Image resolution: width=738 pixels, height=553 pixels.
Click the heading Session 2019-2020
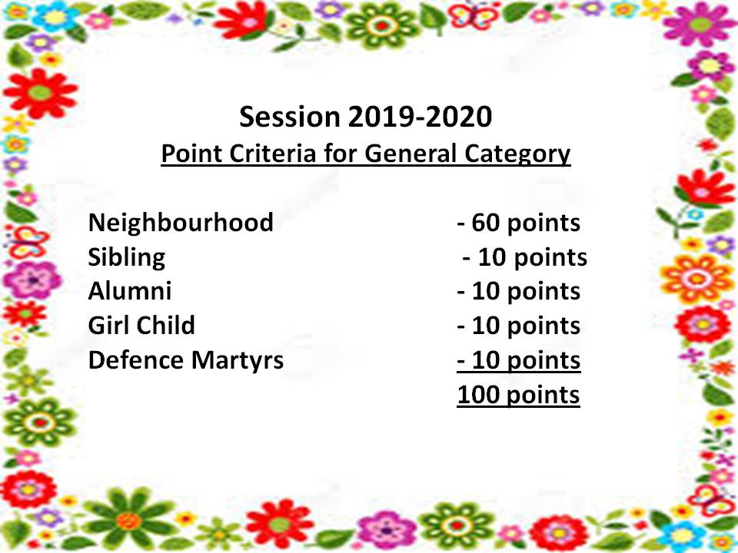[x=366, y=117]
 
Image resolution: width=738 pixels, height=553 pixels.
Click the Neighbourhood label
[x=181, y=222]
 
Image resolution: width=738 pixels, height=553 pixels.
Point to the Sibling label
[x=127, y=258]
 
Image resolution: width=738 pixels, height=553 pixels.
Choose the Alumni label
[x=130, y=290]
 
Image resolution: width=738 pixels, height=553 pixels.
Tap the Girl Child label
[x=141, y=325]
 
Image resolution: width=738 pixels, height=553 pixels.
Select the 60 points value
[x=519, y=223]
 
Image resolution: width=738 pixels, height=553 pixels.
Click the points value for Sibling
[x=525, y=258]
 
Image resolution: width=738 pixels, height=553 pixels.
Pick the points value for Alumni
[x=519, y=292]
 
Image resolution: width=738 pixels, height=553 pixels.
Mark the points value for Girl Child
[x=519, y=326]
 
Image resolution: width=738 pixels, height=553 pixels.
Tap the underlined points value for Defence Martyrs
[x=519, y=361]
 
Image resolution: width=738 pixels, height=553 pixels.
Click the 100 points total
[x=518, y=395]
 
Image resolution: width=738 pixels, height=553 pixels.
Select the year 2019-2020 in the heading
[x=421, y=117]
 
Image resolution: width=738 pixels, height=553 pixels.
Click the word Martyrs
[x=238, y=361]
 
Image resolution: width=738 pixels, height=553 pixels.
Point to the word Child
[x=167, y=325]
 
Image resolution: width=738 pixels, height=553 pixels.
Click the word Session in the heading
[x=290, y=117]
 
